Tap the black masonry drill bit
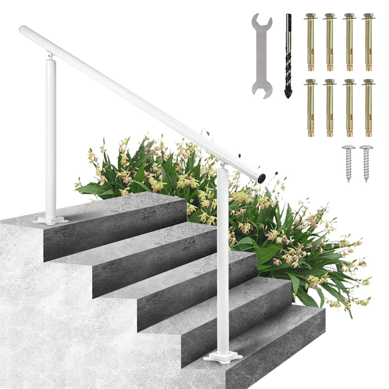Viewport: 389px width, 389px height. pos(288,53)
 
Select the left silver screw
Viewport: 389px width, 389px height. pos(348,162)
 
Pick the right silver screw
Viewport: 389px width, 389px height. pos(366,162)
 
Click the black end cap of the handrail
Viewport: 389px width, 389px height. pos(262,178)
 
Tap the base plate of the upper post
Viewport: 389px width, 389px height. pos(51,220)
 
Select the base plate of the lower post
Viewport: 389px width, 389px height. pos(223,357)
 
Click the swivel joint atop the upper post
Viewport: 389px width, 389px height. pos(51,56)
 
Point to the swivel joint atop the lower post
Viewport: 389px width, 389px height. pos(222,165)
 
